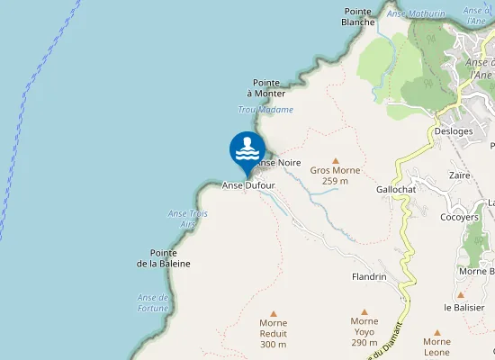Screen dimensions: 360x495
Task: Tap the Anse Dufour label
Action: (x=247, y=184)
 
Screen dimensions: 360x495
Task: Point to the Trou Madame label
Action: (x=265, y=110)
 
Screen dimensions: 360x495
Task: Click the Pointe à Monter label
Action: (x=268, y=87)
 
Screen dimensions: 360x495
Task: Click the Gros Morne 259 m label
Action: (x=335, y=175)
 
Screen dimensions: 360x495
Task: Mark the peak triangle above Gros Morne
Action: (x=336, y=159)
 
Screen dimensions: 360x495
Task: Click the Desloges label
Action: (x=454, y=130)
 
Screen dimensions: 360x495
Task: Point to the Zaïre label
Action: (x=459, y=175)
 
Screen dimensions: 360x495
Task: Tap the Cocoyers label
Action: (x=459, y=217)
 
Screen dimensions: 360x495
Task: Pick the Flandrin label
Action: (x=369, y=277)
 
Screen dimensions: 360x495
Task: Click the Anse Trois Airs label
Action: (x=188, y=218)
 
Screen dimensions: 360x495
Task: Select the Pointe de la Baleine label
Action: (x=164, y=257)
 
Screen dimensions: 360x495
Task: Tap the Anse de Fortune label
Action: (x=153, y=302)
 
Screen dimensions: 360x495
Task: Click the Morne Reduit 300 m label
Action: (x=273, y=333)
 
